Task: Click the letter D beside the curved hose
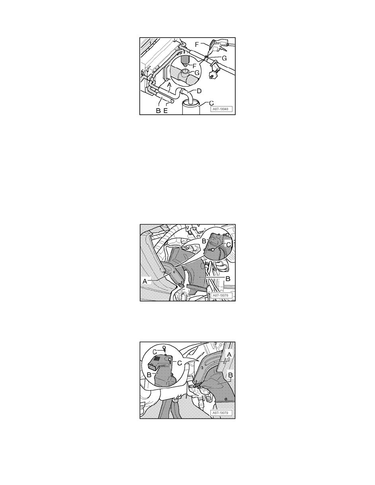coord(199,91)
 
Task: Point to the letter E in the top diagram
coord(165,111)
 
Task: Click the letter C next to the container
coord(211,103)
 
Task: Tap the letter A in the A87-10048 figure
coord(169,84)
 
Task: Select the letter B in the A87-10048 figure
coord(158,111)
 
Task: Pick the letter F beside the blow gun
coord(197,44)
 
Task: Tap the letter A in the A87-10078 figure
coord(144,281)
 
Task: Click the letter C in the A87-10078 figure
coord(229,245)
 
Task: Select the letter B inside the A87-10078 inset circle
coord(204,241)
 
